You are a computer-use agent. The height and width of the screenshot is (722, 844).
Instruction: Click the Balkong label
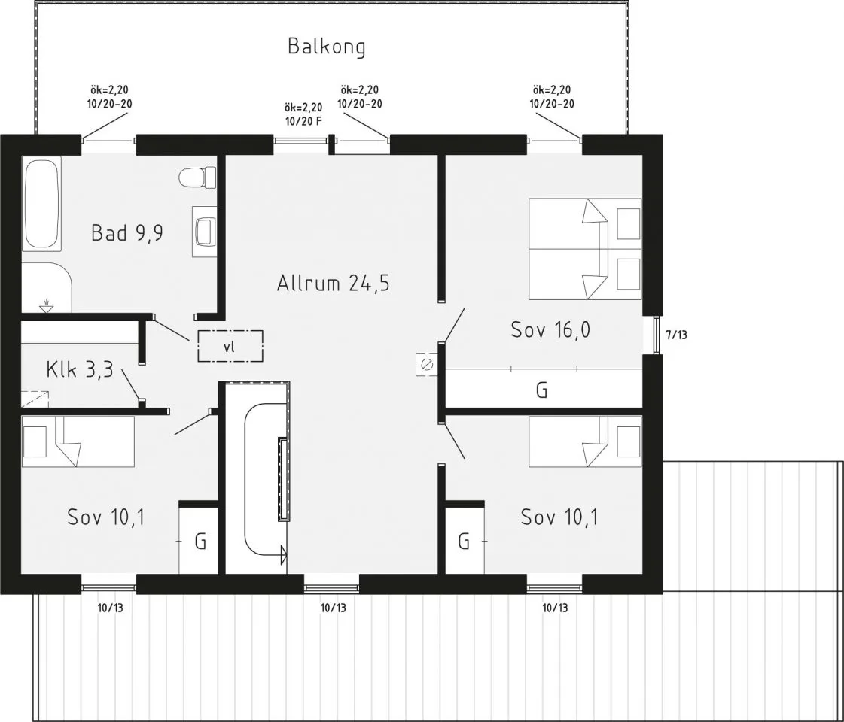[327, 47]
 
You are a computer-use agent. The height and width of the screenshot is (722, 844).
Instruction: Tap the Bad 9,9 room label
[127, 232]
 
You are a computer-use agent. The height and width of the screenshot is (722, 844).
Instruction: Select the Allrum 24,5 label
[333, 284]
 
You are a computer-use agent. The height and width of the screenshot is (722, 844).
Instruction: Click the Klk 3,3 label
[79, 369]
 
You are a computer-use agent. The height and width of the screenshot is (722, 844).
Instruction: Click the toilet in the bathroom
[197, 178]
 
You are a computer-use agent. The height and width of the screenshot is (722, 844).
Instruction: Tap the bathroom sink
[204, 231]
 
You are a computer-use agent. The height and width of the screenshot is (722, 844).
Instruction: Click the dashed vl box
[230, 347]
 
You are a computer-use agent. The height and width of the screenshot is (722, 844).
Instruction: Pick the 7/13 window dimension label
[677, 335]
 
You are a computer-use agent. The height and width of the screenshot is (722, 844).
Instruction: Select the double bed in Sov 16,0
[584, 249]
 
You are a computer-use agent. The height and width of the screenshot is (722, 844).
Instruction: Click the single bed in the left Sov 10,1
[78, 441]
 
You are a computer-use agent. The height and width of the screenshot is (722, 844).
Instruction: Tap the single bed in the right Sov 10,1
[584, 441]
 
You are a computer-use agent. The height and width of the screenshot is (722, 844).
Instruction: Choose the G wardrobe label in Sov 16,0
[541, 390]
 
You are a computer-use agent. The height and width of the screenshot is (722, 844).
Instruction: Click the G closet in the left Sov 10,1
[200, 541]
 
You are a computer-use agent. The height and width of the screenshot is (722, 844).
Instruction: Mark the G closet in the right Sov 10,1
[464, 541]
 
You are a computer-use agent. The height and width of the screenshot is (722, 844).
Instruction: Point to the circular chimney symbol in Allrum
[426, 365]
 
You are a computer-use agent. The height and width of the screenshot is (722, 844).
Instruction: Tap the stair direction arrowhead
[284, 556]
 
